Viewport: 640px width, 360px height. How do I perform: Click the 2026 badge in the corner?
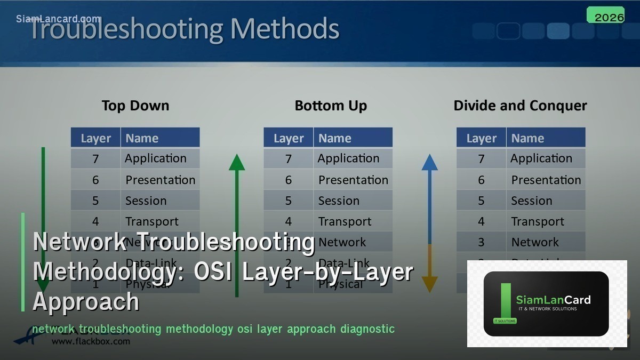pos(605,16)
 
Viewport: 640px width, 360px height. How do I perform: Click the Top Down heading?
pos(135,106)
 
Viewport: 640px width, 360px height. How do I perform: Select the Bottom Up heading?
pos(331,106)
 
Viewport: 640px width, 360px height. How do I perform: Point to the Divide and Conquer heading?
pos(520,106)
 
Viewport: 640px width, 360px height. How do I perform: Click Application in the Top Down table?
pos(156,158)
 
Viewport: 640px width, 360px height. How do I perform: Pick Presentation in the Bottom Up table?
pos(353,180)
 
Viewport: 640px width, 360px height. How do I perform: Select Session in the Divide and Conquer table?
pos(532,201)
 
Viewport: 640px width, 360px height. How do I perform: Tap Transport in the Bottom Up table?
pos(345,221)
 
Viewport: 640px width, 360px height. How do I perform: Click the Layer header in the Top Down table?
pos(96,139)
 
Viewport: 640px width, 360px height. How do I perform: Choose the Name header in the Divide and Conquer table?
pos(527,139)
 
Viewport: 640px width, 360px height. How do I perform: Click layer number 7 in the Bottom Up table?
pos(289,159)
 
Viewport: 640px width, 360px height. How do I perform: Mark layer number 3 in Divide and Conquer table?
pos(481,242)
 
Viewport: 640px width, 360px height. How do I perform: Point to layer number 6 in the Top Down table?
pos(95,180)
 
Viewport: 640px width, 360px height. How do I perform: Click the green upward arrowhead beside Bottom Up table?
pos(237,162)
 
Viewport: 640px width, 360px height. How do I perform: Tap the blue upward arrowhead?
pos(429,162)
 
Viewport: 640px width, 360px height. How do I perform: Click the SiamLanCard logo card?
pos(546,303)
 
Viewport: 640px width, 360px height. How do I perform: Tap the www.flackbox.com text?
pos(91,341)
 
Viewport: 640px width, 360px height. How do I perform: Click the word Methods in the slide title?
pos(284,29)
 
